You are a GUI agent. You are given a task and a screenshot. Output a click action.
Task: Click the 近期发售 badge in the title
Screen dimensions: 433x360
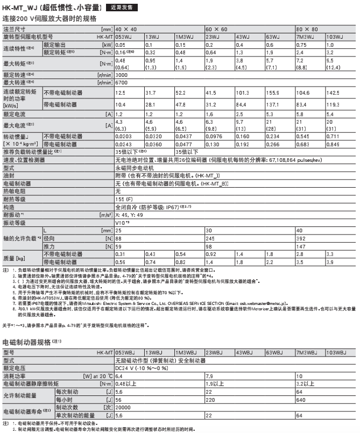[x=124, y=8]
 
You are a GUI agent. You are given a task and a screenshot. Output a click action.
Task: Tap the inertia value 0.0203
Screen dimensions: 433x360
[x=125, y=137]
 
